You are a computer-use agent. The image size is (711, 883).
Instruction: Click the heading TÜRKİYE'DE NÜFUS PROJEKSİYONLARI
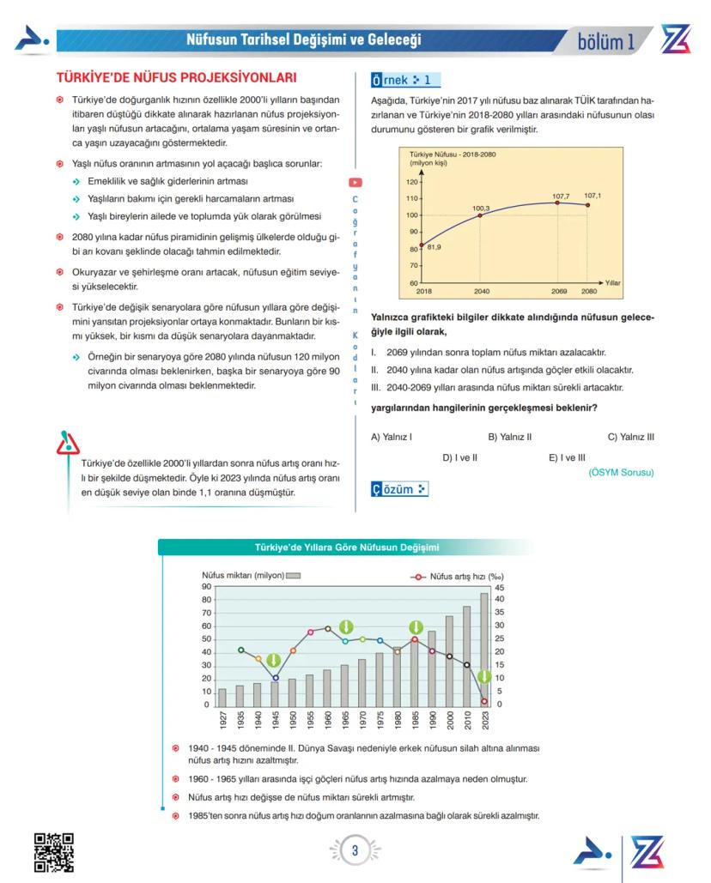tap(175, 76)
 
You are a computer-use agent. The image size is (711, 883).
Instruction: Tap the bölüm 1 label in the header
tap(606, 40)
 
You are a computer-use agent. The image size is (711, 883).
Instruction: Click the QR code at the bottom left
tap(53, 852)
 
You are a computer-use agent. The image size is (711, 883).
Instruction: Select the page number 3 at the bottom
tap(355, 851)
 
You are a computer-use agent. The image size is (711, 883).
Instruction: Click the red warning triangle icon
tap(67, 444)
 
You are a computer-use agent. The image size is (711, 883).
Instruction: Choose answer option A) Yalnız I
tap(392, 437)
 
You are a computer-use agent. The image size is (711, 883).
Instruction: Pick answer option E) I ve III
tap(567, 458)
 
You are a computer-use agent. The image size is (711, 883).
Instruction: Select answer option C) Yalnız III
tap(631, 437)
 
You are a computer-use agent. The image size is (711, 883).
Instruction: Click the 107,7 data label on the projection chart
tap(561, 197)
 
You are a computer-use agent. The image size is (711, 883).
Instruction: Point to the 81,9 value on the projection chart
tap(434, 247)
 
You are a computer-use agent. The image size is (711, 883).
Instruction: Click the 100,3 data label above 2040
tap(481, 209)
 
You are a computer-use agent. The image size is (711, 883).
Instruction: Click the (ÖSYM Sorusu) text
tap(621, 472)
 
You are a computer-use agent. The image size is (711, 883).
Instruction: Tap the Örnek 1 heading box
tap(405, 81)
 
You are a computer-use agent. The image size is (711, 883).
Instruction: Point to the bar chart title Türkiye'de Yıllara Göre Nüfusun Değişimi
tap(347, 547)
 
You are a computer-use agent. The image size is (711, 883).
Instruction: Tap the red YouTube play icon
tap(355, 182)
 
